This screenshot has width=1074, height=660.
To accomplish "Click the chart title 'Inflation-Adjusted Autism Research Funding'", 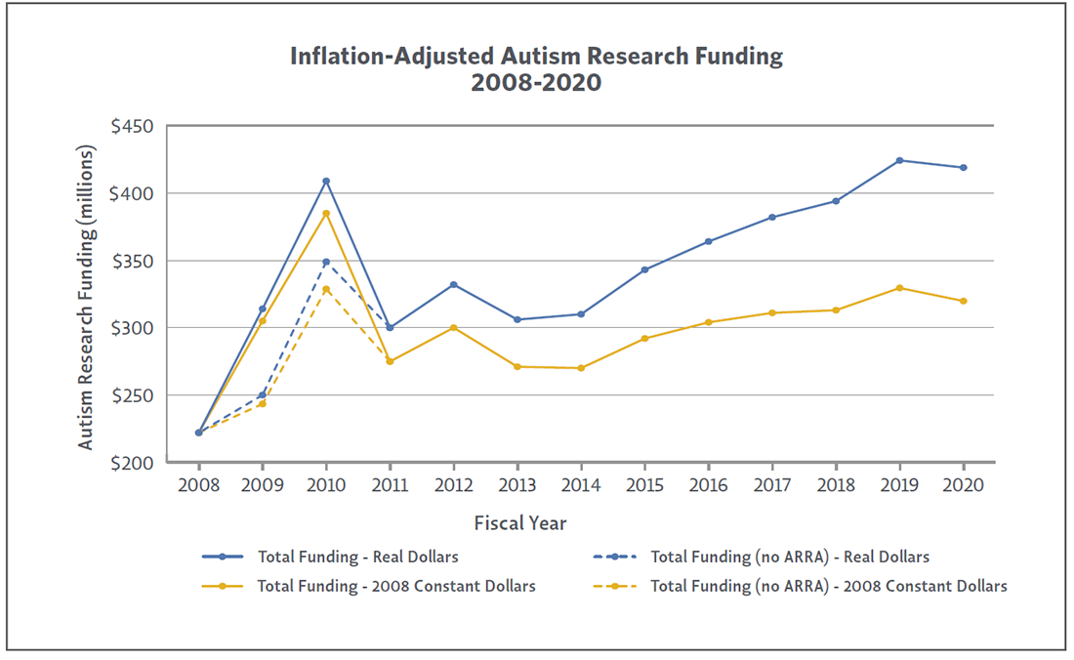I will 536,57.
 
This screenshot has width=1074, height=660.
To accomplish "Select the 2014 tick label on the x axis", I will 582,485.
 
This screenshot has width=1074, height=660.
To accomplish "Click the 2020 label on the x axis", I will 964,485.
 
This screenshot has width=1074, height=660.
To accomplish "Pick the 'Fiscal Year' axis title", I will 520,522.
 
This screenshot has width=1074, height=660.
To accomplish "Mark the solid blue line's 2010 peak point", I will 326,181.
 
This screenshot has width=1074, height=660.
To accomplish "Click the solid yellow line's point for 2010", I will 326,214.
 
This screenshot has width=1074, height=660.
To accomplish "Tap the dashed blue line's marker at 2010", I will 326,262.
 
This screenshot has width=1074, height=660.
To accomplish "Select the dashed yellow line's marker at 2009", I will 263,403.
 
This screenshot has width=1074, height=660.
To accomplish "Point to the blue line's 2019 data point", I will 900,160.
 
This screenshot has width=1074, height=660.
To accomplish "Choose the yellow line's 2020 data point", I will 964,301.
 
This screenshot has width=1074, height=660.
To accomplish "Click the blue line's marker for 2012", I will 454,284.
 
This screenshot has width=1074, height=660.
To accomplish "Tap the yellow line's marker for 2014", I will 582,368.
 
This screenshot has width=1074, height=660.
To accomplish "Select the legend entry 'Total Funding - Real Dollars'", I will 357,557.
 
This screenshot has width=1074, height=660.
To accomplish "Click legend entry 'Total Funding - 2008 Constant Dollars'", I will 396,587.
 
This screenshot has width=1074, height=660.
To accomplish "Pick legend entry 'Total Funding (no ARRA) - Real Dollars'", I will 790,557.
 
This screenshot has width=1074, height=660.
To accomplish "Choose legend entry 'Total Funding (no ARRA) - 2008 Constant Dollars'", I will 829,587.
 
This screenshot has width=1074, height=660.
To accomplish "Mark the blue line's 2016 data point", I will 709,241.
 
